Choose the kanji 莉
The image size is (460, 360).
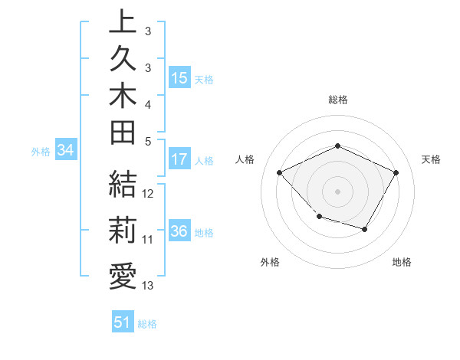[x=123, y=231]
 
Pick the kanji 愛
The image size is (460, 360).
[x=123, y=277]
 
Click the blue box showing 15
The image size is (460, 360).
[x=179, y=78]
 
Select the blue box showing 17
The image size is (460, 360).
[x=179, y=160]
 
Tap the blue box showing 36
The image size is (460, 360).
[x=179, y=232]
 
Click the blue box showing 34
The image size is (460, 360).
[x=65, y=151]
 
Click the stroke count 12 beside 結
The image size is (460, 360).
[x=148, y=194]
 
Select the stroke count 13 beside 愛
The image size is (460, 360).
[x=148, y=286]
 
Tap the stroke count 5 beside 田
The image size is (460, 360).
[x=148, y=141]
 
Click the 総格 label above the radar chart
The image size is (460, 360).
[x=337, y=100]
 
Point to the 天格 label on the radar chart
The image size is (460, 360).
[x=431, y=159]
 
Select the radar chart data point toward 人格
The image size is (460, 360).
[x=280, y=173]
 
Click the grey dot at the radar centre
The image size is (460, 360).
[x=337, y=191]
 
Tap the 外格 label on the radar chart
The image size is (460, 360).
[x=270, y=262]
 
